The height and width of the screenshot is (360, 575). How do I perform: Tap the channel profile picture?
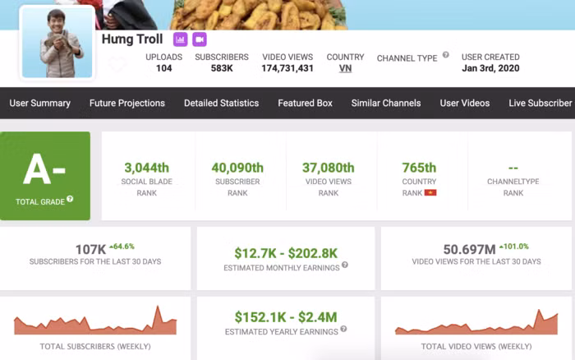coord(57,44)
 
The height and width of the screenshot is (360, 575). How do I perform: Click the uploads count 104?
coord(163,68)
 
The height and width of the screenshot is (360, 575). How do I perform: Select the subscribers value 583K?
coord(221,68)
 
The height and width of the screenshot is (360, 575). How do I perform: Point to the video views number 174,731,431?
coord(287,68)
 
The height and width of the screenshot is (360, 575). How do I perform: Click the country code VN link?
coord(345,68)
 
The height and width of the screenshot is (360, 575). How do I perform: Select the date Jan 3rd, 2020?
coord(490,68)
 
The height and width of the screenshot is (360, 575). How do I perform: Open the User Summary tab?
coord(39,103)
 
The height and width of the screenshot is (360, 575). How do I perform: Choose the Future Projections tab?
coord(126,103)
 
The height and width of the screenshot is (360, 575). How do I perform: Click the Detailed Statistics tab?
coord(221,103)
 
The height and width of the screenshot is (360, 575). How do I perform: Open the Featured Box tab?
coord(305,103)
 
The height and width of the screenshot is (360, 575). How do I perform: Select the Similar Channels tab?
coord(385,103)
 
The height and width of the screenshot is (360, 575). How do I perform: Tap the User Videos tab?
coord(464,103)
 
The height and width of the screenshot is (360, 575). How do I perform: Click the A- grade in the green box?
coord(44,169)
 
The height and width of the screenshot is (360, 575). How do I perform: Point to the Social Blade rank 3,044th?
coord(146,168)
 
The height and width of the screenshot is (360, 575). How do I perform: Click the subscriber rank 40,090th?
coord(237,168)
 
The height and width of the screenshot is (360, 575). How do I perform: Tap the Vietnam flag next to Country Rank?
coord(430,192)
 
